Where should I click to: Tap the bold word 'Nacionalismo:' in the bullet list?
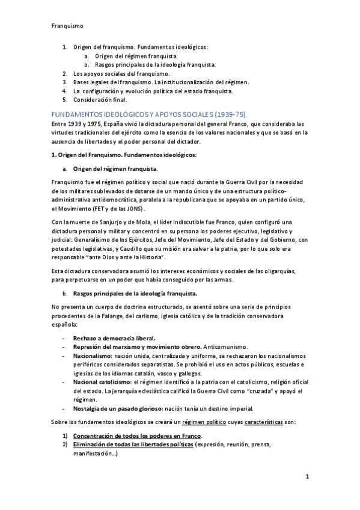pos(93,356)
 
